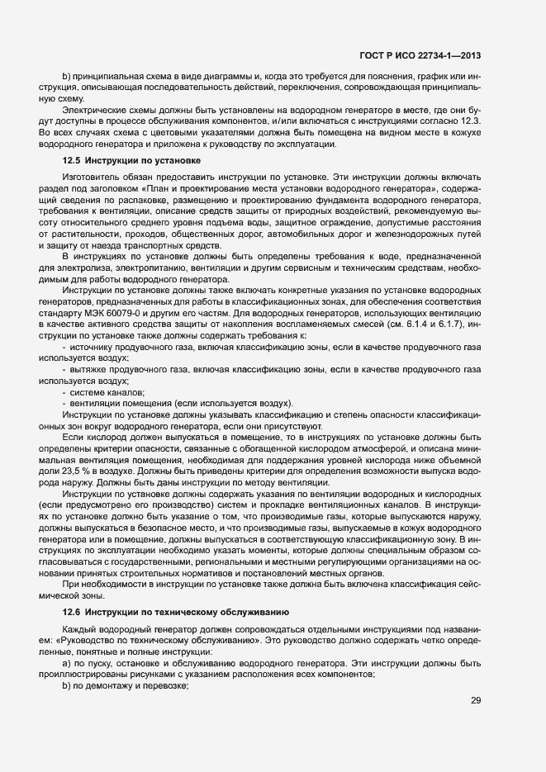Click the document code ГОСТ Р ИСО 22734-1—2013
420,55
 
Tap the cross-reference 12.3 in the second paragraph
468,121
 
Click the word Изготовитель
92,176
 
